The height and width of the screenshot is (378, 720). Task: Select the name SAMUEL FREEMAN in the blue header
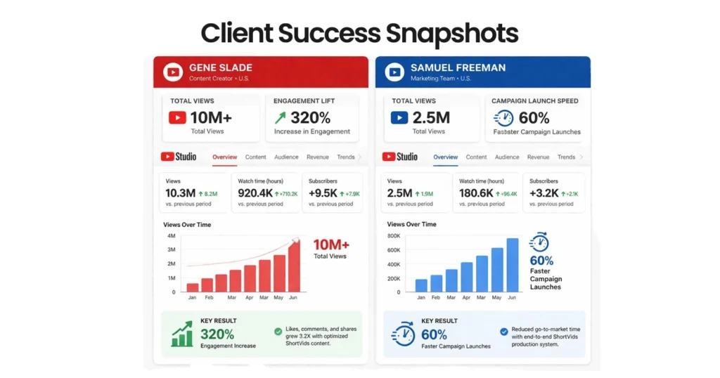(458, 67)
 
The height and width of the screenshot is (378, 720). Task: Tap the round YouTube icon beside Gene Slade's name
(172, 72)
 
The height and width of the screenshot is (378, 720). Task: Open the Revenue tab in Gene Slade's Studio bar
(317, 157)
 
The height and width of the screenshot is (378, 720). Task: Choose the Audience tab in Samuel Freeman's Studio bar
(507, 157)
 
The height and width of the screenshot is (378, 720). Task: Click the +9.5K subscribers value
(323, 193)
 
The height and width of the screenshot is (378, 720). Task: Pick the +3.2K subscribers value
(544, 193)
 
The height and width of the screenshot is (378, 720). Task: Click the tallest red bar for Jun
(294, 266)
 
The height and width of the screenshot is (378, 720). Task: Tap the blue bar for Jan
(421, 285)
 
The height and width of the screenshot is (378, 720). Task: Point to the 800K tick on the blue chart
(393, 236)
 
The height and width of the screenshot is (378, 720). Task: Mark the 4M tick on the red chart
(171, 236)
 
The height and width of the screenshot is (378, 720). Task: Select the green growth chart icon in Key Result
(182, 334)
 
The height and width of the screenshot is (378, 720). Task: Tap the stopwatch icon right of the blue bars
(539, 242)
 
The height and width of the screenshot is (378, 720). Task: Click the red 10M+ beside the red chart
(330, 245)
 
